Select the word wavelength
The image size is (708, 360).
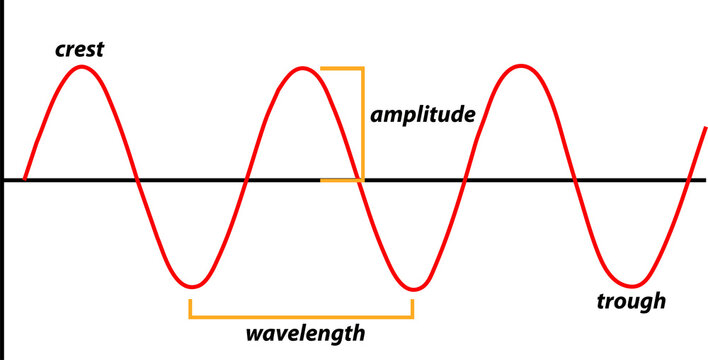[304, 332]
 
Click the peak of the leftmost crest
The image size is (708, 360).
[84, 68]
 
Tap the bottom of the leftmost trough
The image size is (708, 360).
[192, 285]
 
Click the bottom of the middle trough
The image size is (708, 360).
[410, 287]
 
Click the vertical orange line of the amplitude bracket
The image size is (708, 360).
[362, 125]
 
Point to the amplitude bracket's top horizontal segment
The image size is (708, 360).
[342, 69]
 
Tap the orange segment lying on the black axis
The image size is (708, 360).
[340, 181]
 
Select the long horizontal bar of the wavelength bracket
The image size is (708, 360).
[301, 316]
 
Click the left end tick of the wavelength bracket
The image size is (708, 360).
[190, 308]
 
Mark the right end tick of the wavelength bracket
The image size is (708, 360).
[412, 308]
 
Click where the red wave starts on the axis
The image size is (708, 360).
[24, 180]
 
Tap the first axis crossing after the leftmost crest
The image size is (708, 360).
[137, 181]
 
